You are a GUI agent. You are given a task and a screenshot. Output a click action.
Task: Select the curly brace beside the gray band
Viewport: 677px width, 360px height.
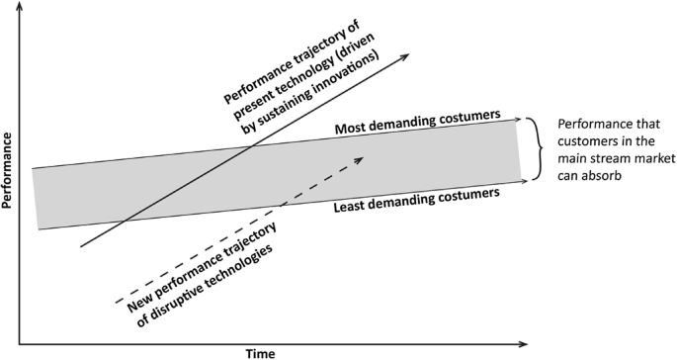click(x=534, y=149)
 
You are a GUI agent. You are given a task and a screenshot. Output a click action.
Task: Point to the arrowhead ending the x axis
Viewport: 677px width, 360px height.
click(x=521, y=343)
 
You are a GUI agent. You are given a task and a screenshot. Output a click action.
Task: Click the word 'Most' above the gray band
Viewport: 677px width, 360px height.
click(x=353, y=129)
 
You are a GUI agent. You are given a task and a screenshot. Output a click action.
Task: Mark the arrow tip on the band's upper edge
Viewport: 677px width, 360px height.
click(x=519, y=119)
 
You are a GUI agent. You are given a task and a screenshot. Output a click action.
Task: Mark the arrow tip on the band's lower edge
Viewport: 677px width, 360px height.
click(x=519, y=181)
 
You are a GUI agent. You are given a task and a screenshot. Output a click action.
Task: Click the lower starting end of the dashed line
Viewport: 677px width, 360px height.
click(x=116, y=300)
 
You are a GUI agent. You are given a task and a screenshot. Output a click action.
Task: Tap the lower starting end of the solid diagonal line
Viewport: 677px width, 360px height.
click(x=80, y=247)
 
